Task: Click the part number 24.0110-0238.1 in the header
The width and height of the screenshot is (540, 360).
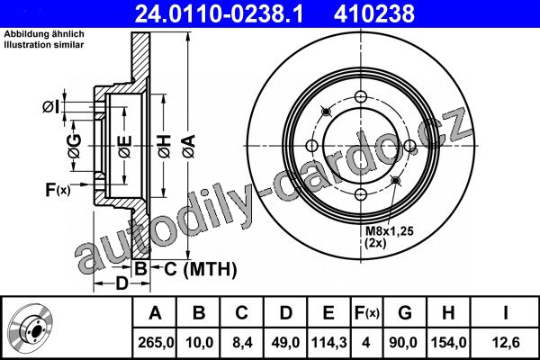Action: click(x=219, y=14)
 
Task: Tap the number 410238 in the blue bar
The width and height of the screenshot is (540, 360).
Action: click(x=374, y=14)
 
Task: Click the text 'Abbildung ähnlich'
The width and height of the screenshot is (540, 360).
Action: click(x=44, y=34)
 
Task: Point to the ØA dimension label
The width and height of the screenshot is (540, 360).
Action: click(x=189, y=147)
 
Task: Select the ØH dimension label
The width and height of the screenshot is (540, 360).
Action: click(x=165, y=147)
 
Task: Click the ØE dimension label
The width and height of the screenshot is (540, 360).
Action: click(x=125, y=147)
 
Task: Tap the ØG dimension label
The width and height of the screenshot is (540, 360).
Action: click(x=75, y=146)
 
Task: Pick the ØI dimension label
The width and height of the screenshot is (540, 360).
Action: click(x=50, y=107)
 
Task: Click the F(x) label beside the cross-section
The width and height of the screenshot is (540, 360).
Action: click(x=58, y=190)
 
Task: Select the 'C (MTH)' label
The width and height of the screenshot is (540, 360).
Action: click(x=201, y=269)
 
